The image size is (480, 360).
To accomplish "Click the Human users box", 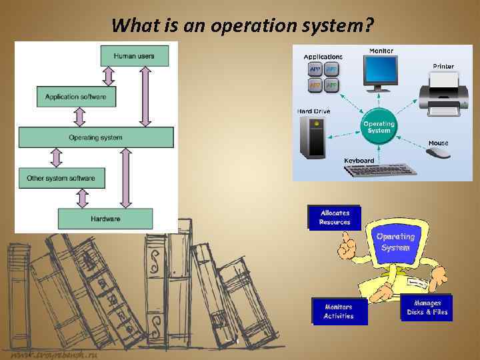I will click(x=134, y=56).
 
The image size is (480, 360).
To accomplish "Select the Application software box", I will click(x=75, y=97).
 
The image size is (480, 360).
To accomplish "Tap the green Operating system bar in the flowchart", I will click(x=96, y=137).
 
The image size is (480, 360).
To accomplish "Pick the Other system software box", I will click(x=61, y=178).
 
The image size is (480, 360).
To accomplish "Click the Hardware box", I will click(x=105, y=218).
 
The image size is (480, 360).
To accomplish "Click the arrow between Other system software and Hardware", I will click(x=82, y=198).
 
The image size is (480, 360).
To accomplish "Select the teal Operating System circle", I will click(x=378, y=127).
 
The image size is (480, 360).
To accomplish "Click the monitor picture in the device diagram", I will click(x=381, y=73).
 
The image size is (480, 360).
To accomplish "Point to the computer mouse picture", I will click(x=437, y=153).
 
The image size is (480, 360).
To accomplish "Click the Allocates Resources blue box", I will click(x=334, y=217).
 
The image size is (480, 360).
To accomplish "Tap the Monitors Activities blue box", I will click(x=339, y=311).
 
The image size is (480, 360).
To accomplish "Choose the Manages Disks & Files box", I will click(x=427, y=307).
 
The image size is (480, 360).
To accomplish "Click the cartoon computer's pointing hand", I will click(x=347, y=247).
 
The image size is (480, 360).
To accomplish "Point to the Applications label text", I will click(x=323, y=57).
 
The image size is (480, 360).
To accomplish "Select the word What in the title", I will click(x=131, y=25).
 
